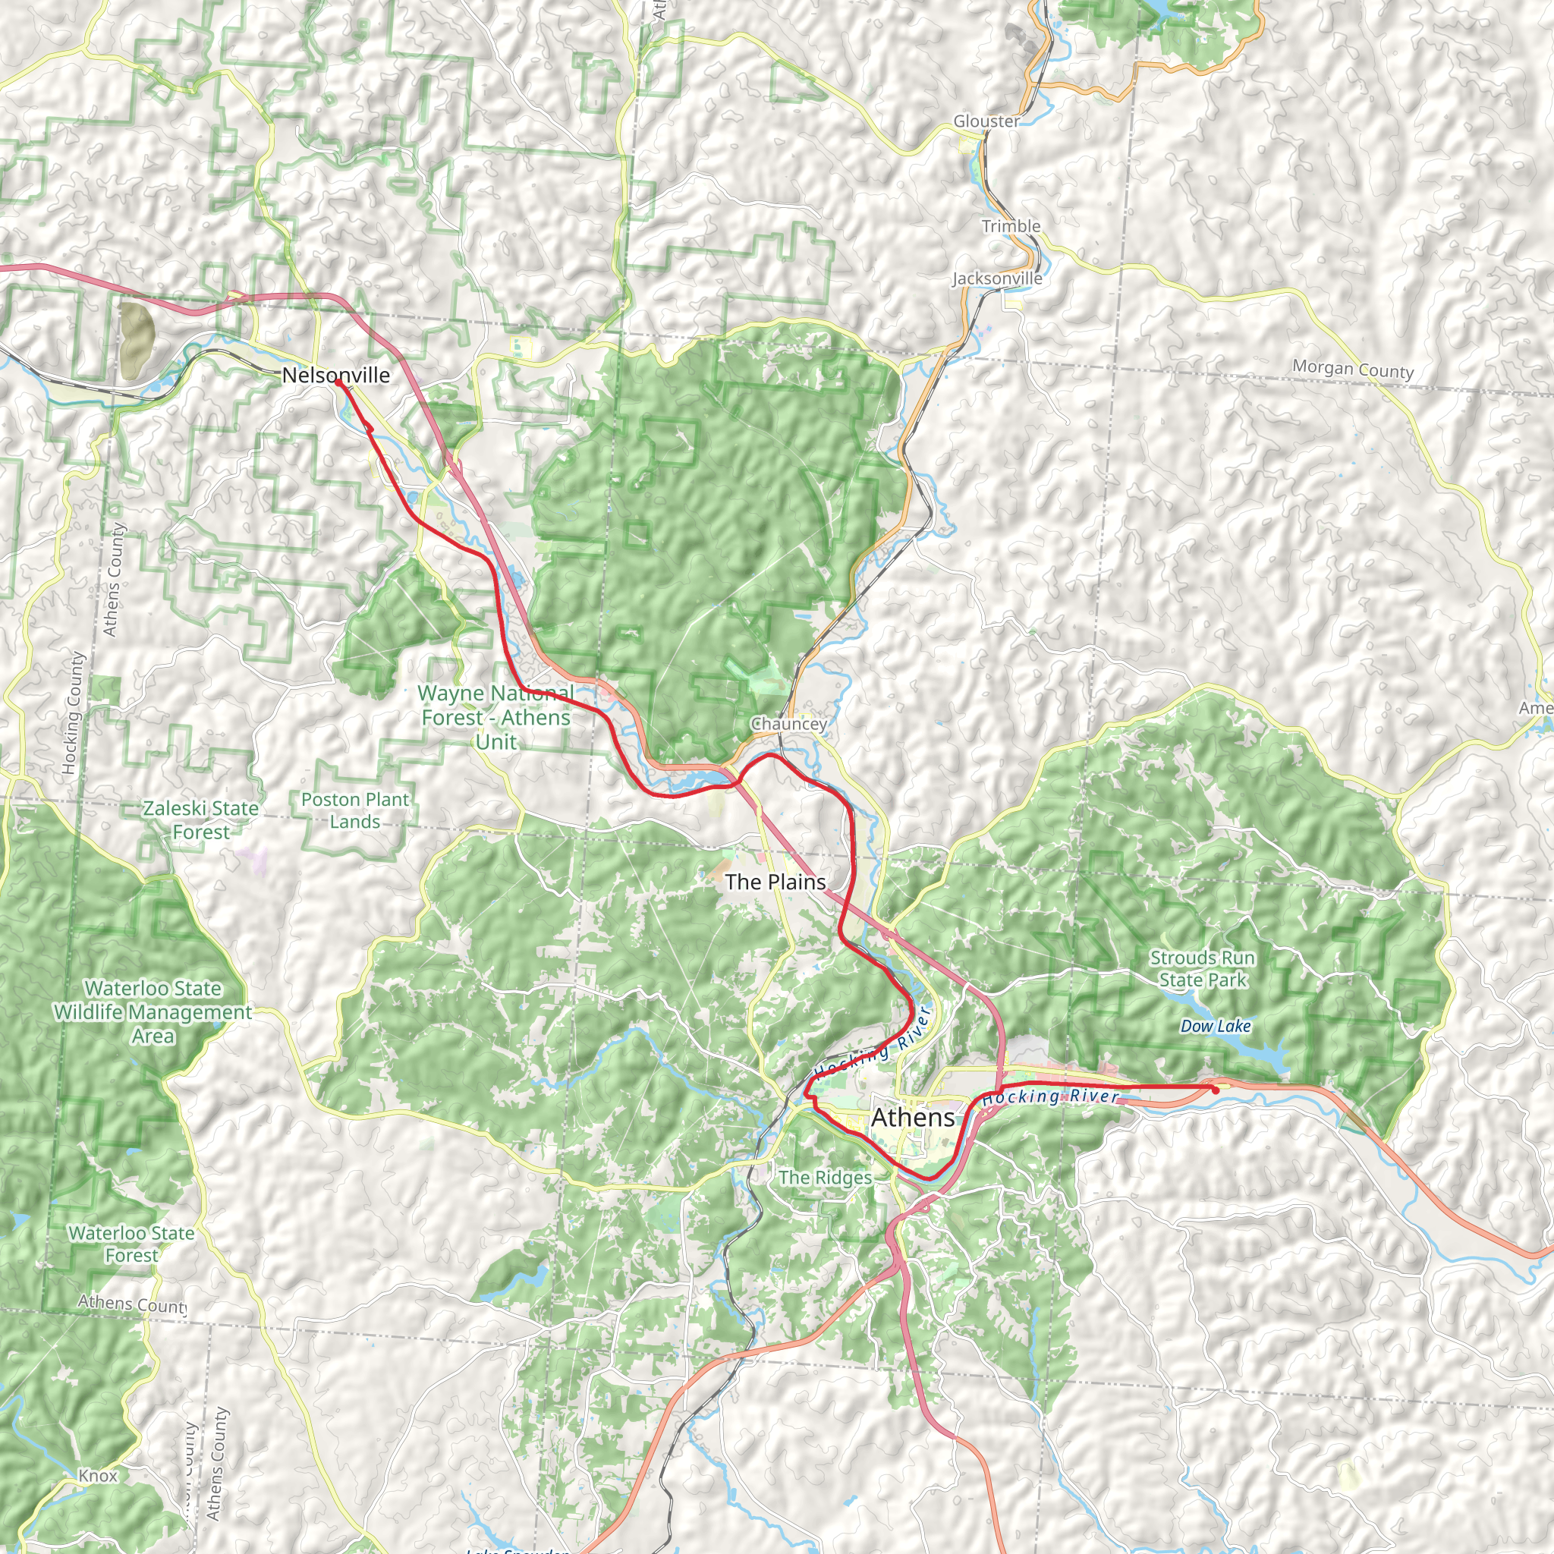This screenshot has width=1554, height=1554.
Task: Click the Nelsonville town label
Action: [335, 375]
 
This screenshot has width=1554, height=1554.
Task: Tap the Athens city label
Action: [913, 1117]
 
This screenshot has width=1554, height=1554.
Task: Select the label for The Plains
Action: [775, 882]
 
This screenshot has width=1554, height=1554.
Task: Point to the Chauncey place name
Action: [788, 723]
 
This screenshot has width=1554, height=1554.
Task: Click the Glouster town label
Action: [986, 121]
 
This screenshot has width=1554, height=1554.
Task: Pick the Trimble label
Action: [1011, 226]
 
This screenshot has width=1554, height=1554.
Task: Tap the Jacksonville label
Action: [997, 278]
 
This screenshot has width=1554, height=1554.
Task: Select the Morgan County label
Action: [1353, 370]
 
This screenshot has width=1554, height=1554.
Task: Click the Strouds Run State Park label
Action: [1203, 968]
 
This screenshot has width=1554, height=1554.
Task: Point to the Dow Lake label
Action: [1216, 1027]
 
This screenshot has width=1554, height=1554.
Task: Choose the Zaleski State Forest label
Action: [201, 819]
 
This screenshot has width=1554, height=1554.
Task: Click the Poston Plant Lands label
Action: [354, 810]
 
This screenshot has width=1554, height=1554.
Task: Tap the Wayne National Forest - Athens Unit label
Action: [496, 716]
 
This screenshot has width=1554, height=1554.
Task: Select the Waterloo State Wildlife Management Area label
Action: [153, 1012]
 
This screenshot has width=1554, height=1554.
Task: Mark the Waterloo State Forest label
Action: [131, 1244]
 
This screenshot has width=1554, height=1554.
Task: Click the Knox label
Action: [98, 1475]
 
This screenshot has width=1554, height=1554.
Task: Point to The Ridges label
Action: [826, 1178]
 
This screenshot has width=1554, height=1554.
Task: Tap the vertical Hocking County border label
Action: [72, 713]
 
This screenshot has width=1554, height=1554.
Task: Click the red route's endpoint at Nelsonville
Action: [338, 382]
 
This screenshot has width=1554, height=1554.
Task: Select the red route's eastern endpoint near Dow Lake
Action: [1216, 1088]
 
